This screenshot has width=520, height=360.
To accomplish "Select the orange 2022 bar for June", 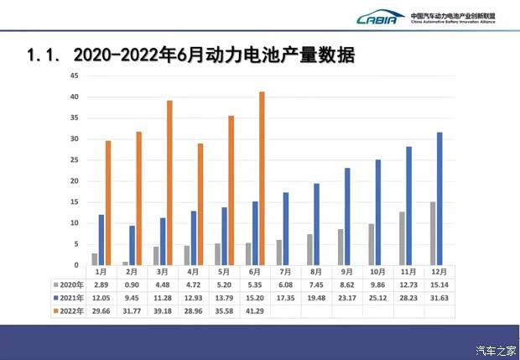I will coord(262,178).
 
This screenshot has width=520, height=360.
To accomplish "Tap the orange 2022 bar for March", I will coord(169,182).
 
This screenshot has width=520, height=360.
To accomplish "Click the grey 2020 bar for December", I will coord(433,232).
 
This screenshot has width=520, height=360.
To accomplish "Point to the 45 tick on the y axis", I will coord(75,76).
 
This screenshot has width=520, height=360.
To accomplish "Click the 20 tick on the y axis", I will coord(75,181).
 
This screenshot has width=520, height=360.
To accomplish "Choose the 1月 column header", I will coord(101,273).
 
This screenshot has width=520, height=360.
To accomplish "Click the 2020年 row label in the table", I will coord(65,285).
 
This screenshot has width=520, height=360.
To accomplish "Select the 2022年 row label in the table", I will coord(65,310).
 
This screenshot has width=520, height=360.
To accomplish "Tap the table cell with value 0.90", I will coord(132,285).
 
